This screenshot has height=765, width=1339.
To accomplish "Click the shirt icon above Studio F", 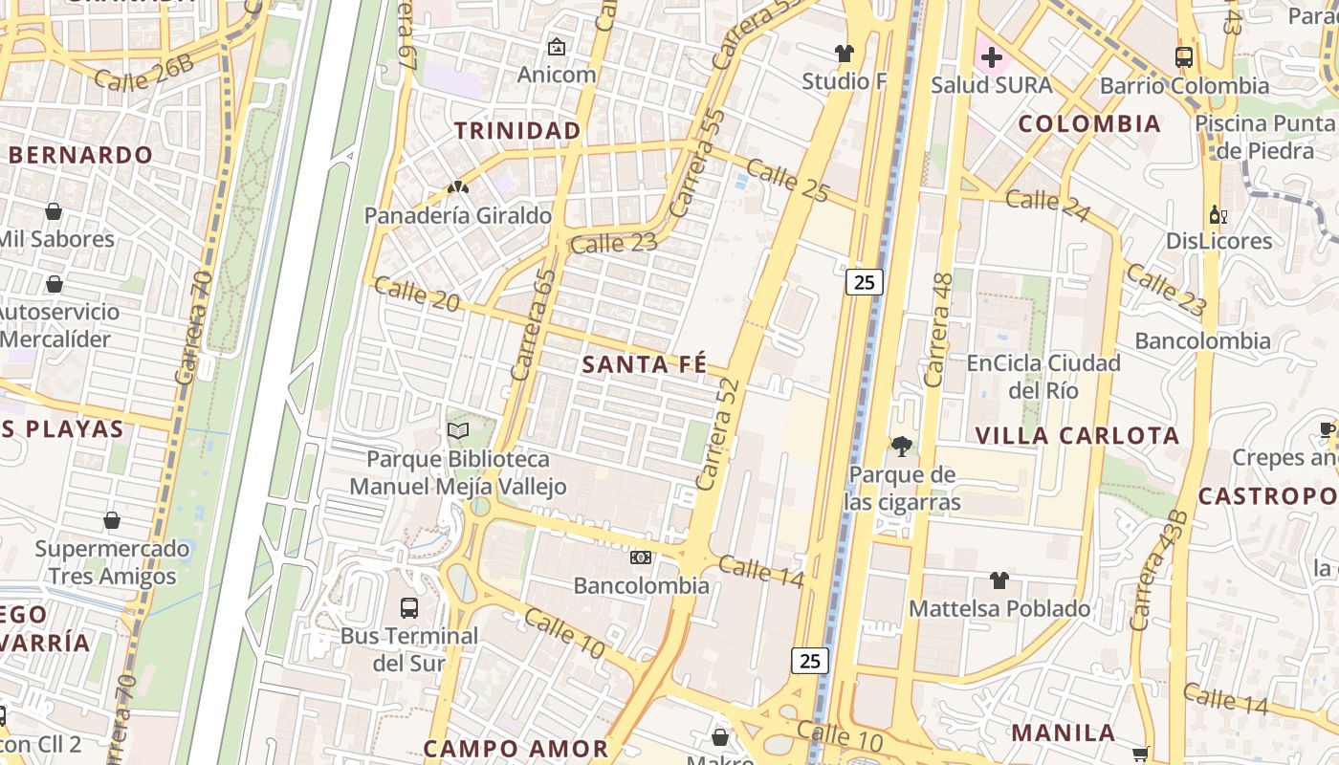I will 844,54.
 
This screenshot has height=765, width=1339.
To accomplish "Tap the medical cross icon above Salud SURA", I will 991,57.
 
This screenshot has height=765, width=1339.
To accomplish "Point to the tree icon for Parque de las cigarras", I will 901,446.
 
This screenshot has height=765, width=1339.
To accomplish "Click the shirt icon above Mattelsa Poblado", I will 999,580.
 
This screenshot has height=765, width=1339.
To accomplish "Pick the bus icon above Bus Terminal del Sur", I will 409,607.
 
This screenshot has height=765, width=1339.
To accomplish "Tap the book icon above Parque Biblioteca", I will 458,431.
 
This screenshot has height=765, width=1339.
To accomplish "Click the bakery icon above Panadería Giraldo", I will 458,188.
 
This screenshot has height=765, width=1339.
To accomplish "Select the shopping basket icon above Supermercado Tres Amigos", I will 112,521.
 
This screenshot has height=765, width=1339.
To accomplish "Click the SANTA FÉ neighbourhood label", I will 645,364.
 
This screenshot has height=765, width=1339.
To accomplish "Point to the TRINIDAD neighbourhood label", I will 517,130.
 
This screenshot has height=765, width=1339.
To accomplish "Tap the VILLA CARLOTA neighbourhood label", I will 1078,436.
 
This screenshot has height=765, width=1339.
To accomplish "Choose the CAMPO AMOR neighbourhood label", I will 516,749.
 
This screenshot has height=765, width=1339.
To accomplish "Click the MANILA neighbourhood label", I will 1064,733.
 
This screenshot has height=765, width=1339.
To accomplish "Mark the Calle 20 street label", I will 417,293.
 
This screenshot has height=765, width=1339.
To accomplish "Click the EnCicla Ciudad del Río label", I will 1043,377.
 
